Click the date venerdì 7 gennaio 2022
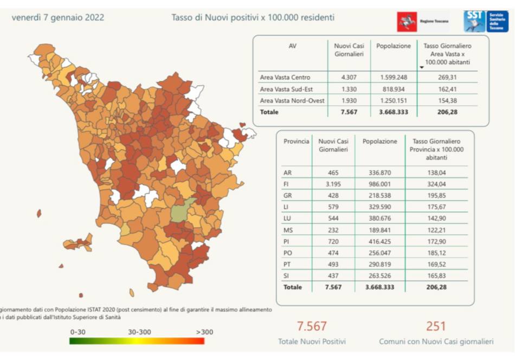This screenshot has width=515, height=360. [x=58, y=17]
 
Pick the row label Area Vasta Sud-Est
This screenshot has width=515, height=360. [x=286, y=89]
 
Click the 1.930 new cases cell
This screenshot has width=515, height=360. [x=349, y=101]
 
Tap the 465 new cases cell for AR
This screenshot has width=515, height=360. [x=333, y=172]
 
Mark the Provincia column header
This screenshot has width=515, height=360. [x=296, y=142]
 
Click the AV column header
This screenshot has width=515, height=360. [x=293, y=46]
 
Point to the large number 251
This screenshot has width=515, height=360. [x=436, y=326]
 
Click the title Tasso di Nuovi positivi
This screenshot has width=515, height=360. [x=253, y=17]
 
